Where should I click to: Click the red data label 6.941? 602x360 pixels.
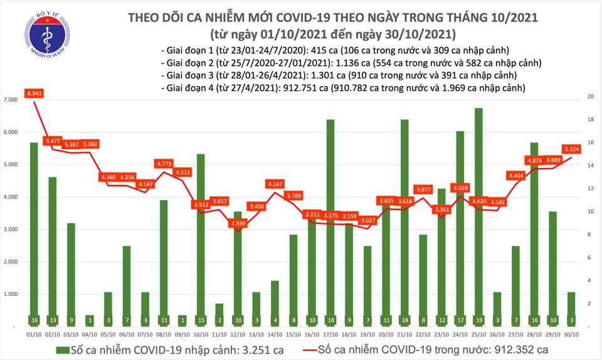point(34,93)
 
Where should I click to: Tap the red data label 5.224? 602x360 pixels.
point(570,149)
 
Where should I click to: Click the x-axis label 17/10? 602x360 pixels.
point(330,335)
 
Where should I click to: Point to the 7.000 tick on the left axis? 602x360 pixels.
point(9,100)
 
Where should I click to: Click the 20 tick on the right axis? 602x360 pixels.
point(589,97)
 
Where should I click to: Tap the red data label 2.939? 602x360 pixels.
point(238,223)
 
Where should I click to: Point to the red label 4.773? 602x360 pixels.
point(164,164)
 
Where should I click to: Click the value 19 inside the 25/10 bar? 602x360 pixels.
point(478,320)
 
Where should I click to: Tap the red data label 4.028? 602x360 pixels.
point(460,188)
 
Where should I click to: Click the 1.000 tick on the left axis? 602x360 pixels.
point(9,294)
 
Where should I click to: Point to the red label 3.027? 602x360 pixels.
point(367,220)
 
